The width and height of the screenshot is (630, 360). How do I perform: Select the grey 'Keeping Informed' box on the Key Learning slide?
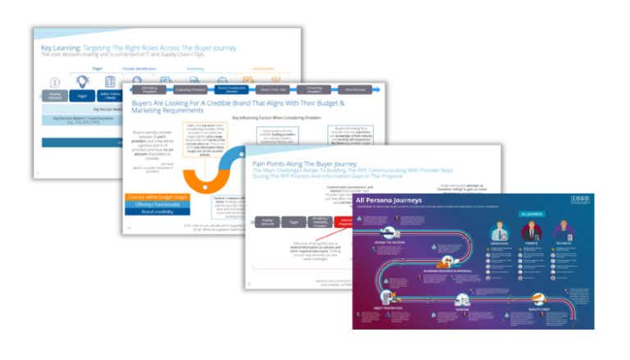click(x=53, y=95)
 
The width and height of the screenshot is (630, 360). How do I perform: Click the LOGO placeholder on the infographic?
click(x=580, y=199)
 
